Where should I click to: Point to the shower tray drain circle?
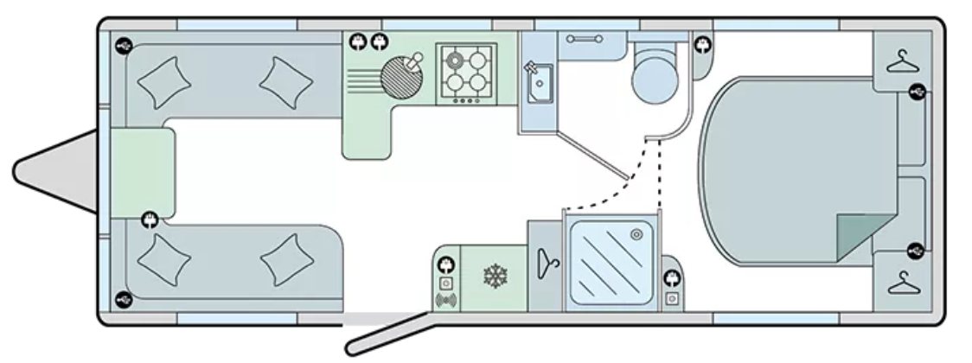[x=636, y=232]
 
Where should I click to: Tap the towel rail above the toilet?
[x=585, y=38]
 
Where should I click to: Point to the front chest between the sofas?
[x=142, y=172]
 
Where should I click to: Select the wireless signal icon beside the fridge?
[x=446, y=301]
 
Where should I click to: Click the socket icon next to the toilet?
[x=700, y=45]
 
